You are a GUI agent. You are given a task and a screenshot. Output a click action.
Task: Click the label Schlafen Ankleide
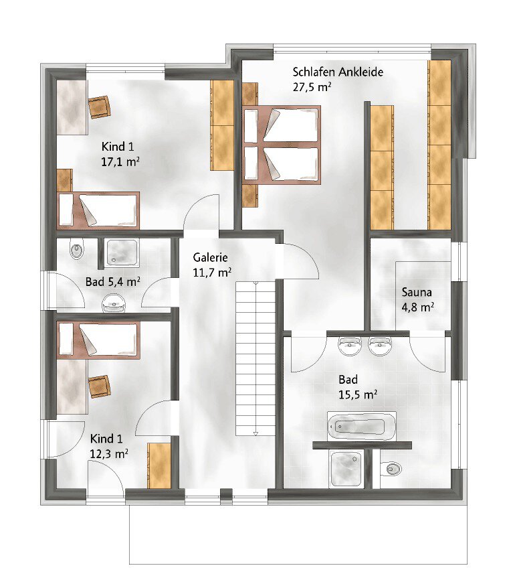(x=338, y=72)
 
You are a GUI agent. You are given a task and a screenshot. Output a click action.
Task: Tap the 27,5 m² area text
(x=312, y=87)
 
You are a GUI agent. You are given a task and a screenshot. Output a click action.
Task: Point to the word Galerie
(x=210, y=257)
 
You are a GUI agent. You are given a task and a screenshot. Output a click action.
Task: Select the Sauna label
(x=417, y=292)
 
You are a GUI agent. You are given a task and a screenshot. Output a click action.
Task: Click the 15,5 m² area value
(x=358, y=394)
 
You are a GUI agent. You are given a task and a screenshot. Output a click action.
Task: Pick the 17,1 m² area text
(x=120, y=161)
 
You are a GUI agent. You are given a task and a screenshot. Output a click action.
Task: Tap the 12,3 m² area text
(x=109, y=453)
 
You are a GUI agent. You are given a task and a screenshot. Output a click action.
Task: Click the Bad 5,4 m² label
(x=113, y=282)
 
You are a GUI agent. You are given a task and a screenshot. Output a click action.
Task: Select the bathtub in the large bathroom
(x=362, y=426)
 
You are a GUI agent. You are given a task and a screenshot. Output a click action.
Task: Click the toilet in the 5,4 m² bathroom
(x=77, y=250)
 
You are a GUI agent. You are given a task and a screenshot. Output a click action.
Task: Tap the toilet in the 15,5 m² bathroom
(x=391, y=469)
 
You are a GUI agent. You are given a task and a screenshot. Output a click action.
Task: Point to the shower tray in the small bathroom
(x=122, y=252)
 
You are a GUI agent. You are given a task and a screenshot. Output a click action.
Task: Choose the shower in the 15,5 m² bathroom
(x=346, y=468)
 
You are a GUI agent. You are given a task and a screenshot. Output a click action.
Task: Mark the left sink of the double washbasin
(x=350, y=346)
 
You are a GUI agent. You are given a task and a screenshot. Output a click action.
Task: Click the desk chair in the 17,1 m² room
(x=100, y=107)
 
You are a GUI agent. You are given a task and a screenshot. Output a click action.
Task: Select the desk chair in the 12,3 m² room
(x=100, y=386)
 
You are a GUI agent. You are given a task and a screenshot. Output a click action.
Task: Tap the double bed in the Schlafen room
(x=282, y=145)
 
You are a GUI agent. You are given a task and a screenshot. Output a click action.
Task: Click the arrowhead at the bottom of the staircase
(x=256, y=433)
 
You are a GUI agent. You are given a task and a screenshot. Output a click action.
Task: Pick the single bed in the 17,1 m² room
(x=98, y=210)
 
